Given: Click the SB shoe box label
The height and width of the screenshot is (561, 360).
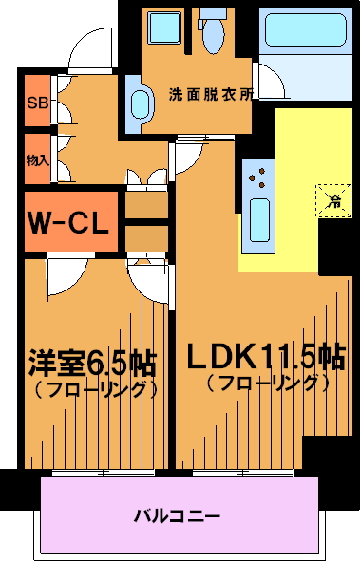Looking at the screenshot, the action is click(x=38, y=103).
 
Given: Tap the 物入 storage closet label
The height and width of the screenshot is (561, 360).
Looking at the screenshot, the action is click(x=38, y=160).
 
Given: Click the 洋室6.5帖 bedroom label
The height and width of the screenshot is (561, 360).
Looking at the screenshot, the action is click(x=93, y=364).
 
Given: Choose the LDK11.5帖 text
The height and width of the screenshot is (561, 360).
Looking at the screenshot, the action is click(x=266, y=356).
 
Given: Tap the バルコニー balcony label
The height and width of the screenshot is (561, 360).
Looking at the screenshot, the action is click(x=177, y=516).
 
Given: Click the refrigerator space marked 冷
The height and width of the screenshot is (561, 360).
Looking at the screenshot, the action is click(x=333, y=200).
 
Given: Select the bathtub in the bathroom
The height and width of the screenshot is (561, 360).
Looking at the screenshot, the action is click(x=305, y=29).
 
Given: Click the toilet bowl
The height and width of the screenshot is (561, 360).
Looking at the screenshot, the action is click(x=214, y=35).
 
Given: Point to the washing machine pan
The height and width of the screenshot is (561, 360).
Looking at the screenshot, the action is click(x=164, y=28).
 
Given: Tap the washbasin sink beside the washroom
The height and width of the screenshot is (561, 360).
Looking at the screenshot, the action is click(x=141, y=103).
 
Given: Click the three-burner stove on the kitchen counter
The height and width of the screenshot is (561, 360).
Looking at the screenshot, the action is click(x=258, y=178).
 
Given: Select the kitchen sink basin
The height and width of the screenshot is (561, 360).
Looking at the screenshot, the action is click(x=259, y=220).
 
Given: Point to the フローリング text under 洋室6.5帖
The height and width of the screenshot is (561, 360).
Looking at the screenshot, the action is click(x=96, y=389).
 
